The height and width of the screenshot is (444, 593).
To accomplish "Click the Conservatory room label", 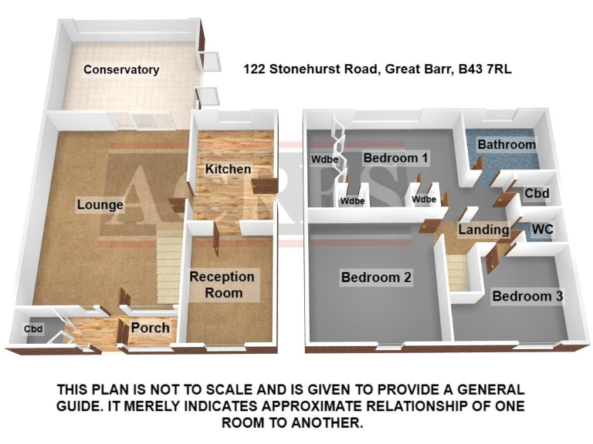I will pos(121,69).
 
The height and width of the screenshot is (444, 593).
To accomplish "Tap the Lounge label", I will pos(100,205).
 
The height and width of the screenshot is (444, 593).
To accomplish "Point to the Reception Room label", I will pos(222,284).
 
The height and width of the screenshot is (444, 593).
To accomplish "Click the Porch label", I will pos(150,328).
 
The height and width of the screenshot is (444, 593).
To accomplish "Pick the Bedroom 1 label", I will pos(396,158).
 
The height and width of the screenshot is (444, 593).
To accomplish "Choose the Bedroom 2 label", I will pos(376,277).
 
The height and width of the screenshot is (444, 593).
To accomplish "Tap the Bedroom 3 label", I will pos(527,296).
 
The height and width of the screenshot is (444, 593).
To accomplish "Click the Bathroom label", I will pos(507,144).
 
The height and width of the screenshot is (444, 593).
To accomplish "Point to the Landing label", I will pos(483,230).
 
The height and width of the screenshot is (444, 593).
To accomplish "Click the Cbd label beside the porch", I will pos(33,330).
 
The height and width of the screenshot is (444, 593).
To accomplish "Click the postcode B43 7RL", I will pos(485,69).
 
